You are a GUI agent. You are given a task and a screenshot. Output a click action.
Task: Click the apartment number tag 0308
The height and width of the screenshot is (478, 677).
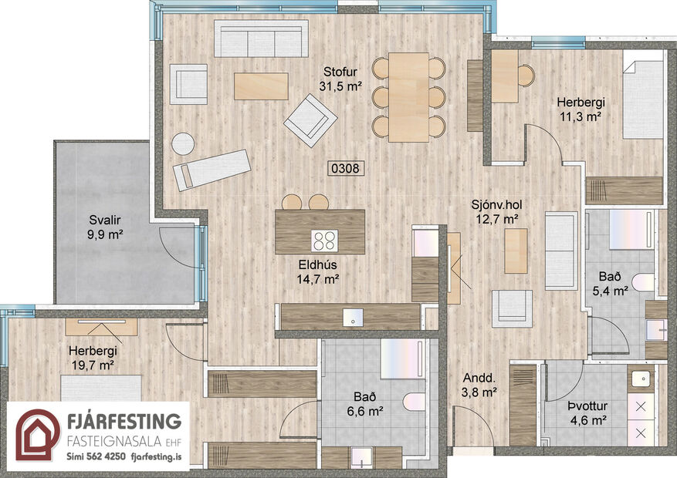coord(345,167)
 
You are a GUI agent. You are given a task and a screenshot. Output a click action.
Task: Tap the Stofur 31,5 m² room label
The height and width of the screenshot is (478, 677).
coord(340,79)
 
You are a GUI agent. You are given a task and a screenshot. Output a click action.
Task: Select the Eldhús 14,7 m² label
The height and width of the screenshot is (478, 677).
coord(320,273)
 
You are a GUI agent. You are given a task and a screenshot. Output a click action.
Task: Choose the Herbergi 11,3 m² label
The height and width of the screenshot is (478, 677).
coord(580,110)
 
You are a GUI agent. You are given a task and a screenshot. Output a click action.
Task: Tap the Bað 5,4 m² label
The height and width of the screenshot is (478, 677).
coord(613,284)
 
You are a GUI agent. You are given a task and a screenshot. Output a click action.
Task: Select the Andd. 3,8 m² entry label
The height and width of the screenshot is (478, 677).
coord(479,385)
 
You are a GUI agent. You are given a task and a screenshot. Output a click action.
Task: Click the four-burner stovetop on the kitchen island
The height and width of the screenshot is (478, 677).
coord(323,240)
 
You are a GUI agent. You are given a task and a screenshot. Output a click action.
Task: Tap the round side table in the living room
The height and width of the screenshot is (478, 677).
coord(183,144)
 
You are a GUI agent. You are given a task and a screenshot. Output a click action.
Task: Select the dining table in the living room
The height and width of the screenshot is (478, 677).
coord(408,97)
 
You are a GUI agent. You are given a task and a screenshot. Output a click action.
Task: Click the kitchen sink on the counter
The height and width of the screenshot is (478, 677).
coord(353,316)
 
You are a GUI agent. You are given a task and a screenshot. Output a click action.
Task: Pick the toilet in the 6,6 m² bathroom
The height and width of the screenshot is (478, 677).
coord(412,402)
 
